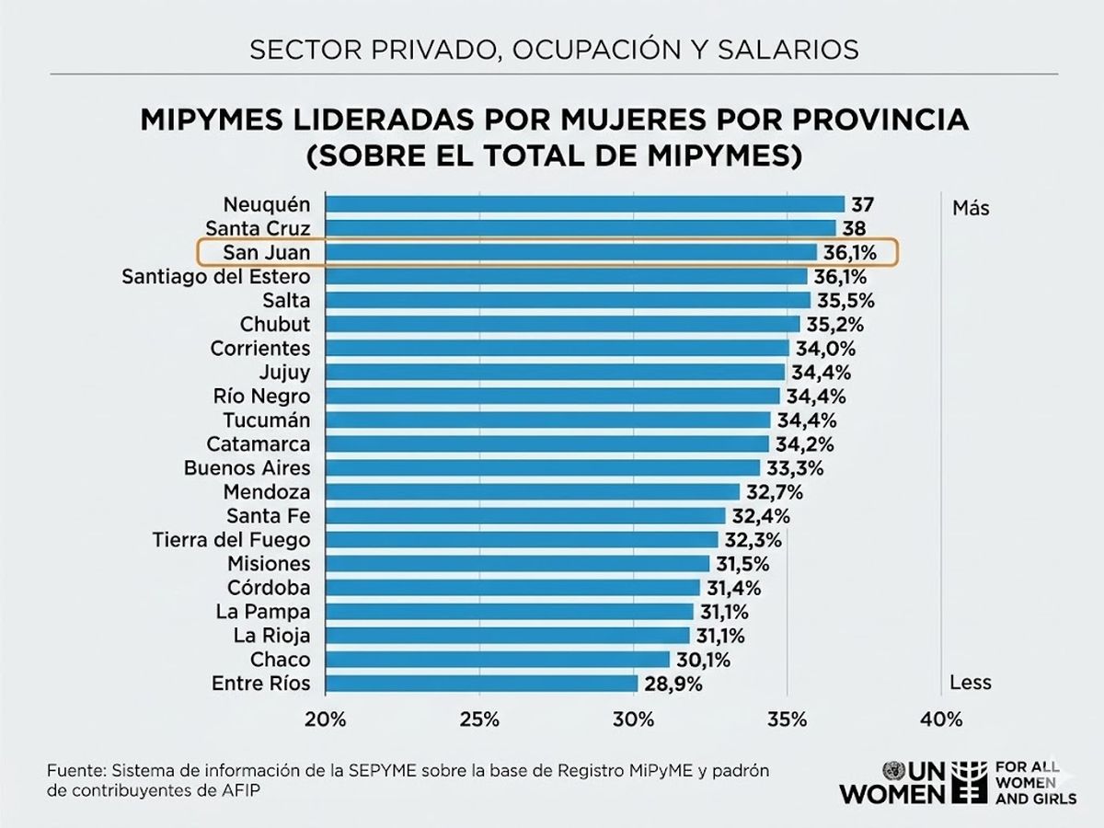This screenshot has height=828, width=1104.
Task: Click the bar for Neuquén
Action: tap(585, 204)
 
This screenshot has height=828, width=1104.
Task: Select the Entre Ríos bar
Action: tap(482, 684)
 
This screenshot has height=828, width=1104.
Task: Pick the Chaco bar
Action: tap(498, 660)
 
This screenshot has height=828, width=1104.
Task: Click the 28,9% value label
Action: tap(673, 684)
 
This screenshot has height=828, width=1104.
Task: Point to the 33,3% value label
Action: tap(794, 468)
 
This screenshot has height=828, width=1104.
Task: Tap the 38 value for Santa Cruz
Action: tap(856, 228)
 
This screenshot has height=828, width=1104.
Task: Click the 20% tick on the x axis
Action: tap(325, 719)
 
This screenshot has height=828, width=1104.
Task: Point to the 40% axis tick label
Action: tap(940, 719)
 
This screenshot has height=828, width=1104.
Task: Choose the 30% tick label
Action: tap(633, 719)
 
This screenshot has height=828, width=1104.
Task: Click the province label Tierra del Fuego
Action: tap(231, 540)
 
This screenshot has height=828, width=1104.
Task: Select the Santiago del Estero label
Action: tap(216, 276)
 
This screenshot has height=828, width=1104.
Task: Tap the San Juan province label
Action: tap(266, 252)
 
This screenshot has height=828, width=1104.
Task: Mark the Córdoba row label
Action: tap(269, 588)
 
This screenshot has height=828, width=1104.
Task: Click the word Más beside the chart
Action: tap(971, 208)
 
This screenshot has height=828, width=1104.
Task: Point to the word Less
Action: tap(971, 683)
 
